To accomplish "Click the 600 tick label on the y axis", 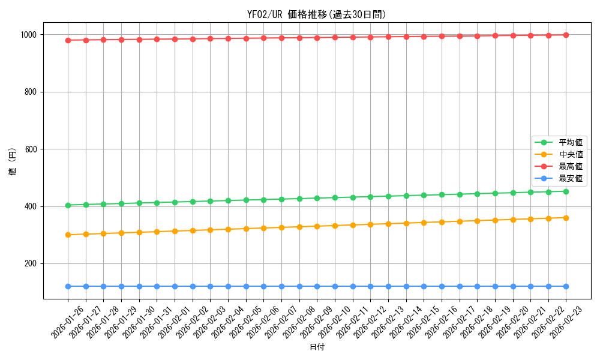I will pyautogui.click(x=32, y=149).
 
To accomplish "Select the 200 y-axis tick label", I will pyautogui.click(x=32, y=264).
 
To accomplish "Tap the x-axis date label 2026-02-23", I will pyautogui.click(x=566, y=321).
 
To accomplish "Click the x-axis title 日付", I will pyautogui.click(x=317, y=347).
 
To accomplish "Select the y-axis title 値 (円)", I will pyautogui.click(x=13, y=162).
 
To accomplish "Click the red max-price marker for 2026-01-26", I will pyautogui.click(x=68, y=40).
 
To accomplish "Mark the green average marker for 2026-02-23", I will pyautogui.click(x=566, y=191).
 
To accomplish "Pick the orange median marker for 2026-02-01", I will pyautogui.click(x=175, y=231).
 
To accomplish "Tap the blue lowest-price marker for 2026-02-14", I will pyautogui.click(x=406, y=286).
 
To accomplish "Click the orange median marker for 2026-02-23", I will pyautogui.click(x=566, y=218).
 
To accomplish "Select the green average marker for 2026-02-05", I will pyautogui.click(x=246, y=200).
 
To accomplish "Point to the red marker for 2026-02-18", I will pyautogui.click(x=477, y=36).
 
